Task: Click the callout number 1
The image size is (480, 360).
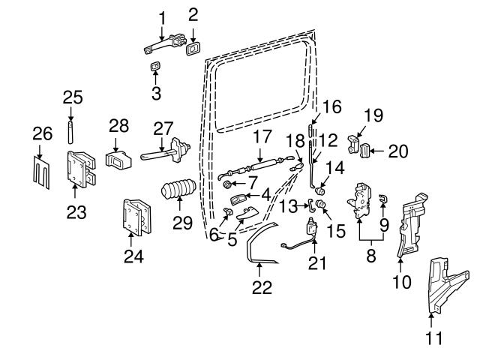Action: click(x=161, y=16)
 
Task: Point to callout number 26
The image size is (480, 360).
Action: click(x=42, y=134)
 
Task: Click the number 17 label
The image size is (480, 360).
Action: click(x=261, y=138)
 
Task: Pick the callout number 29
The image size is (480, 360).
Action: click(x=182, y=222)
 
